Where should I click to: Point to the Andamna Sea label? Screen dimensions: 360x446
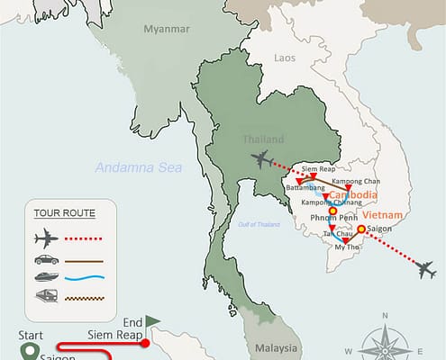(138, 166)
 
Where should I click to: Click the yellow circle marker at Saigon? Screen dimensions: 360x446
(360, 229)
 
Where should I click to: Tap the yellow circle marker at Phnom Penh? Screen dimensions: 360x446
(332, 212)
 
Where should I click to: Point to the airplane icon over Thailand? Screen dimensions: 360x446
(262, 160)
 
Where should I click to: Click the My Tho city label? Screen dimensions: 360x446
(345, 248)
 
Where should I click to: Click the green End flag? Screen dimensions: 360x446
(151, 319)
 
